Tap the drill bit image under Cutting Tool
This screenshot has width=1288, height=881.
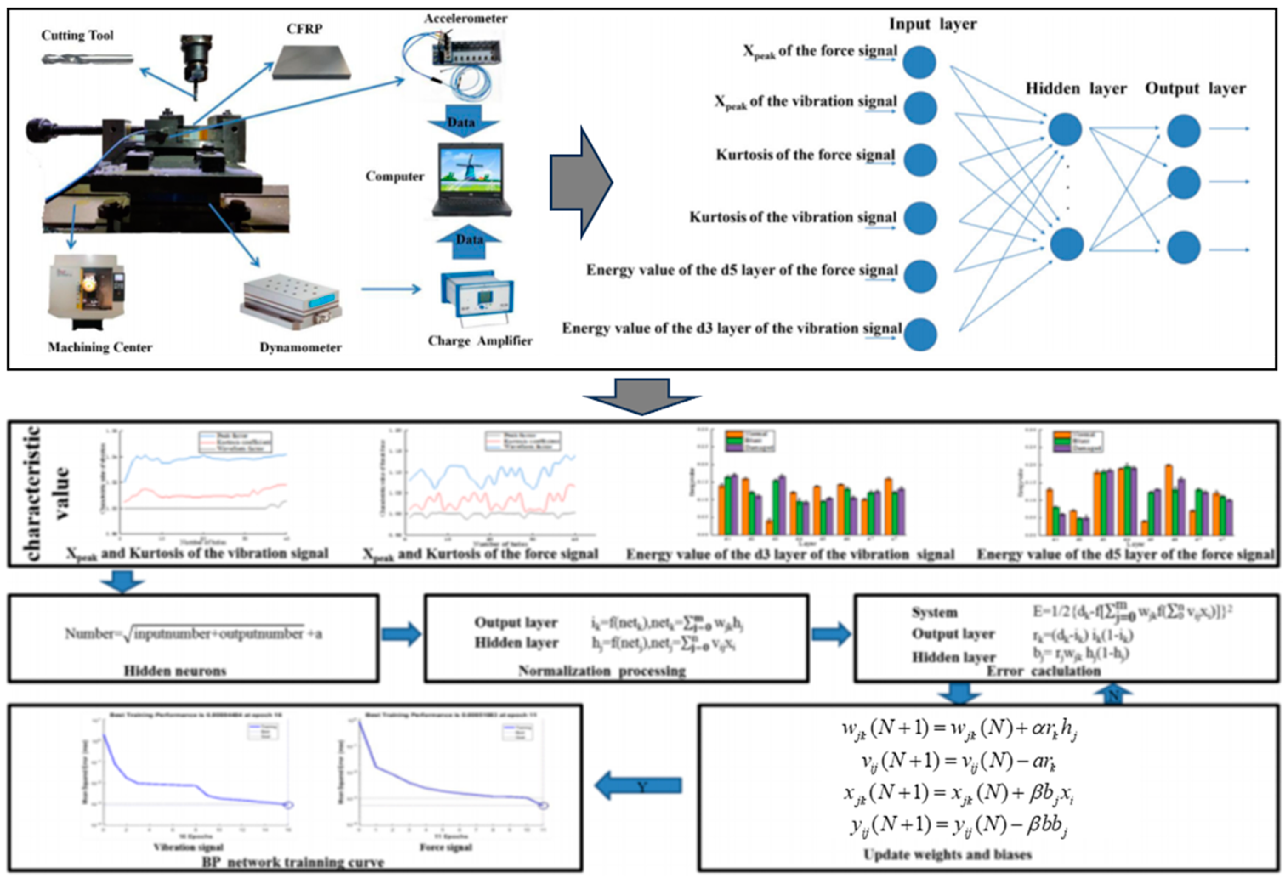pos(88,59)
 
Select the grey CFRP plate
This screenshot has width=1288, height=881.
pos(312,62)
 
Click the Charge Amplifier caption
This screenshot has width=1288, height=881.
pos(480,341)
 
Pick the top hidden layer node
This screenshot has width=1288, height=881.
pos(1065,130)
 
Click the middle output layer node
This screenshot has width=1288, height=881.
pos(1184,182)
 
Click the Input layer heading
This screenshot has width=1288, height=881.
pos(933,24)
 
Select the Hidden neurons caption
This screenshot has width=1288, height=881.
pos(175,671)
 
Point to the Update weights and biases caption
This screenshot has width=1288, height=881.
pos(947,854)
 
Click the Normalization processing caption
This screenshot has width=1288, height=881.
pos(602,671)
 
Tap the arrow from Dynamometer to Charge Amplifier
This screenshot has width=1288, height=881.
pos(391,289)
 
